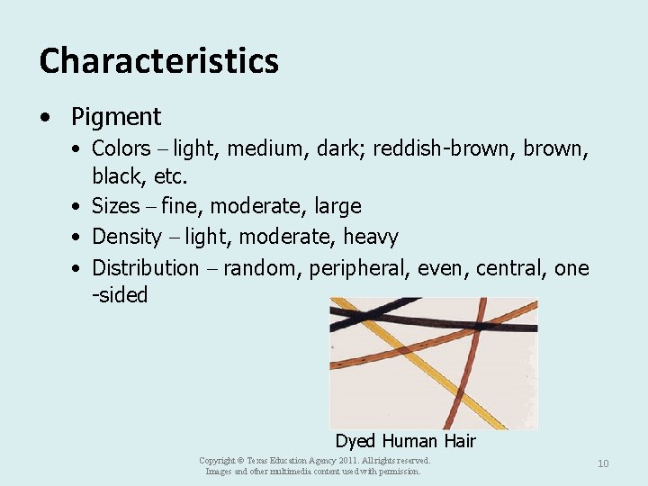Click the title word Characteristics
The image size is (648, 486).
coord(159,61)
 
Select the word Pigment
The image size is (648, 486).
coord(116,117)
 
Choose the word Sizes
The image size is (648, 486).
coord(116,206)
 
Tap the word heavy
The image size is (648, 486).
coord(371,237)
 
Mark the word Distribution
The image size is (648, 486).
coord(145,267)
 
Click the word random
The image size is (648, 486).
coord(260,267)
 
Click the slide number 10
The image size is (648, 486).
coord(603,463)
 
